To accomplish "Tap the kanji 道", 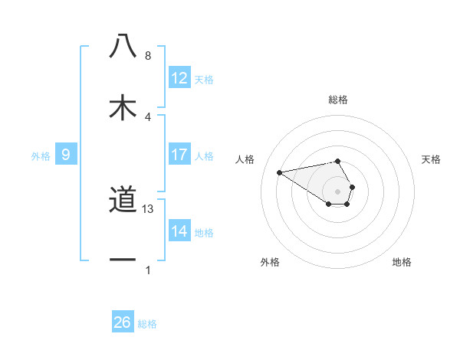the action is pos(123,201).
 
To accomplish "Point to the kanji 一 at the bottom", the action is pos(123,260).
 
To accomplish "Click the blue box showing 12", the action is pos(179,78).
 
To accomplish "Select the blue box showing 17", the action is pos(179,155).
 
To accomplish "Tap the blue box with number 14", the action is pos(179,231).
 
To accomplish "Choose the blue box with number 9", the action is pos(66,155).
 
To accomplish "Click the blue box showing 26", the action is pos(123,322).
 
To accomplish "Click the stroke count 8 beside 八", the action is pos(148,56).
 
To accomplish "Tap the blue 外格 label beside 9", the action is pos(41,156).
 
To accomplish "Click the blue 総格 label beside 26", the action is pos(147,324).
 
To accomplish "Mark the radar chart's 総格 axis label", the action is pos(338,100).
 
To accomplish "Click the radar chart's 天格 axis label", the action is pos(431,159).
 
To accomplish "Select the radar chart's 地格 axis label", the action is pos(402,262).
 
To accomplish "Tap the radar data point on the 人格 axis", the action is pos(279,172).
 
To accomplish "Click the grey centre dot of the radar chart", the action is pos(338,191).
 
